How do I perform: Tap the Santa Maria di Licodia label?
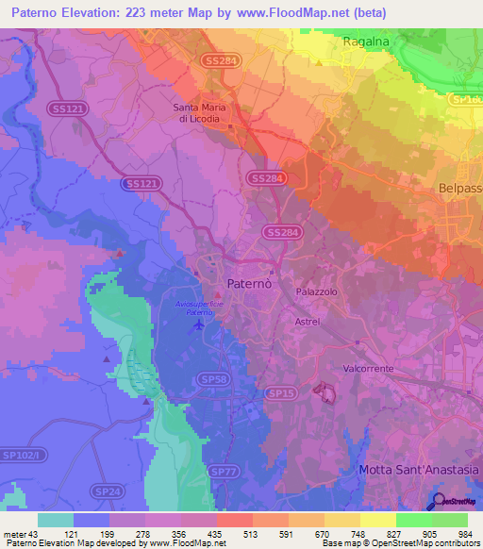(x=198, y=112)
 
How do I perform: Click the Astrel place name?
(x=308, y=322)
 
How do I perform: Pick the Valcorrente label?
(x=368, y=369)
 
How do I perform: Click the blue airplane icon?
(x=197, y=324)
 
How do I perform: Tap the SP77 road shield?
(x=223, y=470)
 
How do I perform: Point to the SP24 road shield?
(x=106, y=491)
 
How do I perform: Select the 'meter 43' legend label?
(x=21, y=535)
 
